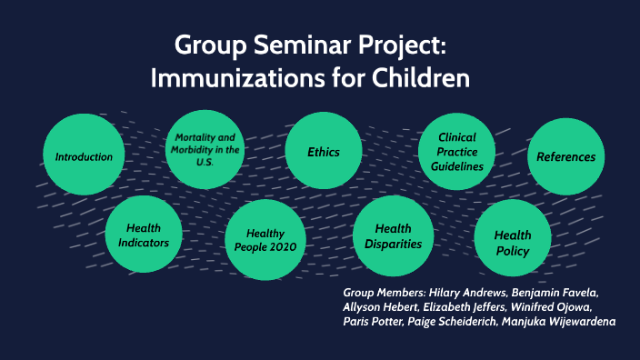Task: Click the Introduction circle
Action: point(84,156)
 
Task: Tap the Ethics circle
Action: point(323,152)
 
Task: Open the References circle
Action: point(565,156)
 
